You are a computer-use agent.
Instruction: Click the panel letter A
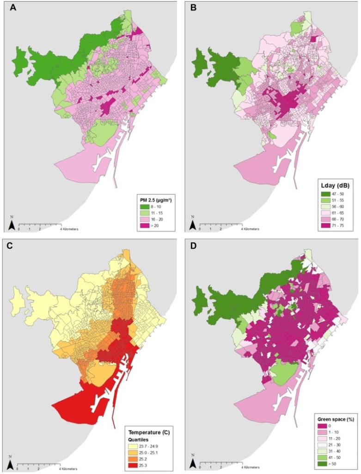7,7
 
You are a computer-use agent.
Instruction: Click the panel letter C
7,246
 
